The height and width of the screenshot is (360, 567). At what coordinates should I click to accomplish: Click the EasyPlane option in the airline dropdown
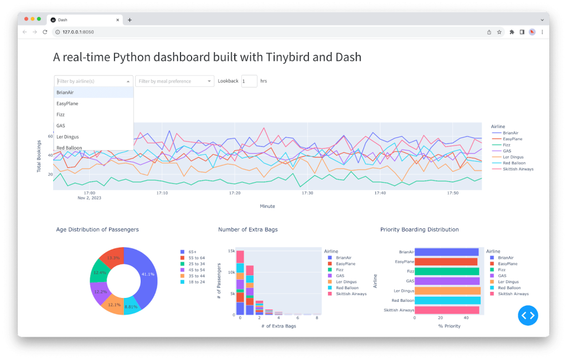tap(67, 104)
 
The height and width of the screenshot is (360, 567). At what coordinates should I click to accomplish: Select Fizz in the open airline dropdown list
tap(60, 115)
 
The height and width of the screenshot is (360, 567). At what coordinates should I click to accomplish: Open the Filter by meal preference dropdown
tap(174, 81)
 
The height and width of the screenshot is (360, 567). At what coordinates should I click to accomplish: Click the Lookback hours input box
tap(249, 81)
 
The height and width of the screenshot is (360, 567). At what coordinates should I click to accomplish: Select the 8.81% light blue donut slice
tap(131, 305)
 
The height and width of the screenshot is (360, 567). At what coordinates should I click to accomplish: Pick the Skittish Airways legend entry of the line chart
tap(518, 169)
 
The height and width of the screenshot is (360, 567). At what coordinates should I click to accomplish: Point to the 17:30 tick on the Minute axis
tap(307, 193)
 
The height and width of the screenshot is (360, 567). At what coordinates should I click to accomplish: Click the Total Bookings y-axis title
tap(39, 156)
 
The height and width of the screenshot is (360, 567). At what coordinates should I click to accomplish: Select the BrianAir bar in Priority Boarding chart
tap(446, 252)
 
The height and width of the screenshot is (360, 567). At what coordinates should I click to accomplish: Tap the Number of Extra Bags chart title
tap(248, 229)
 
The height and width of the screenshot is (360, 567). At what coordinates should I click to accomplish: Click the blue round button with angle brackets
tap(528, 315)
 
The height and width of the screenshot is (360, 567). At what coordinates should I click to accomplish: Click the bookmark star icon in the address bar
tap(499, 32)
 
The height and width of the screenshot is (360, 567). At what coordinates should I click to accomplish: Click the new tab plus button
tap(130, 19)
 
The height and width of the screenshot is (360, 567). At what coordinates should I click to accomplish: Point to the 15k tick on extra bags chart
tap(231, 251)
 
